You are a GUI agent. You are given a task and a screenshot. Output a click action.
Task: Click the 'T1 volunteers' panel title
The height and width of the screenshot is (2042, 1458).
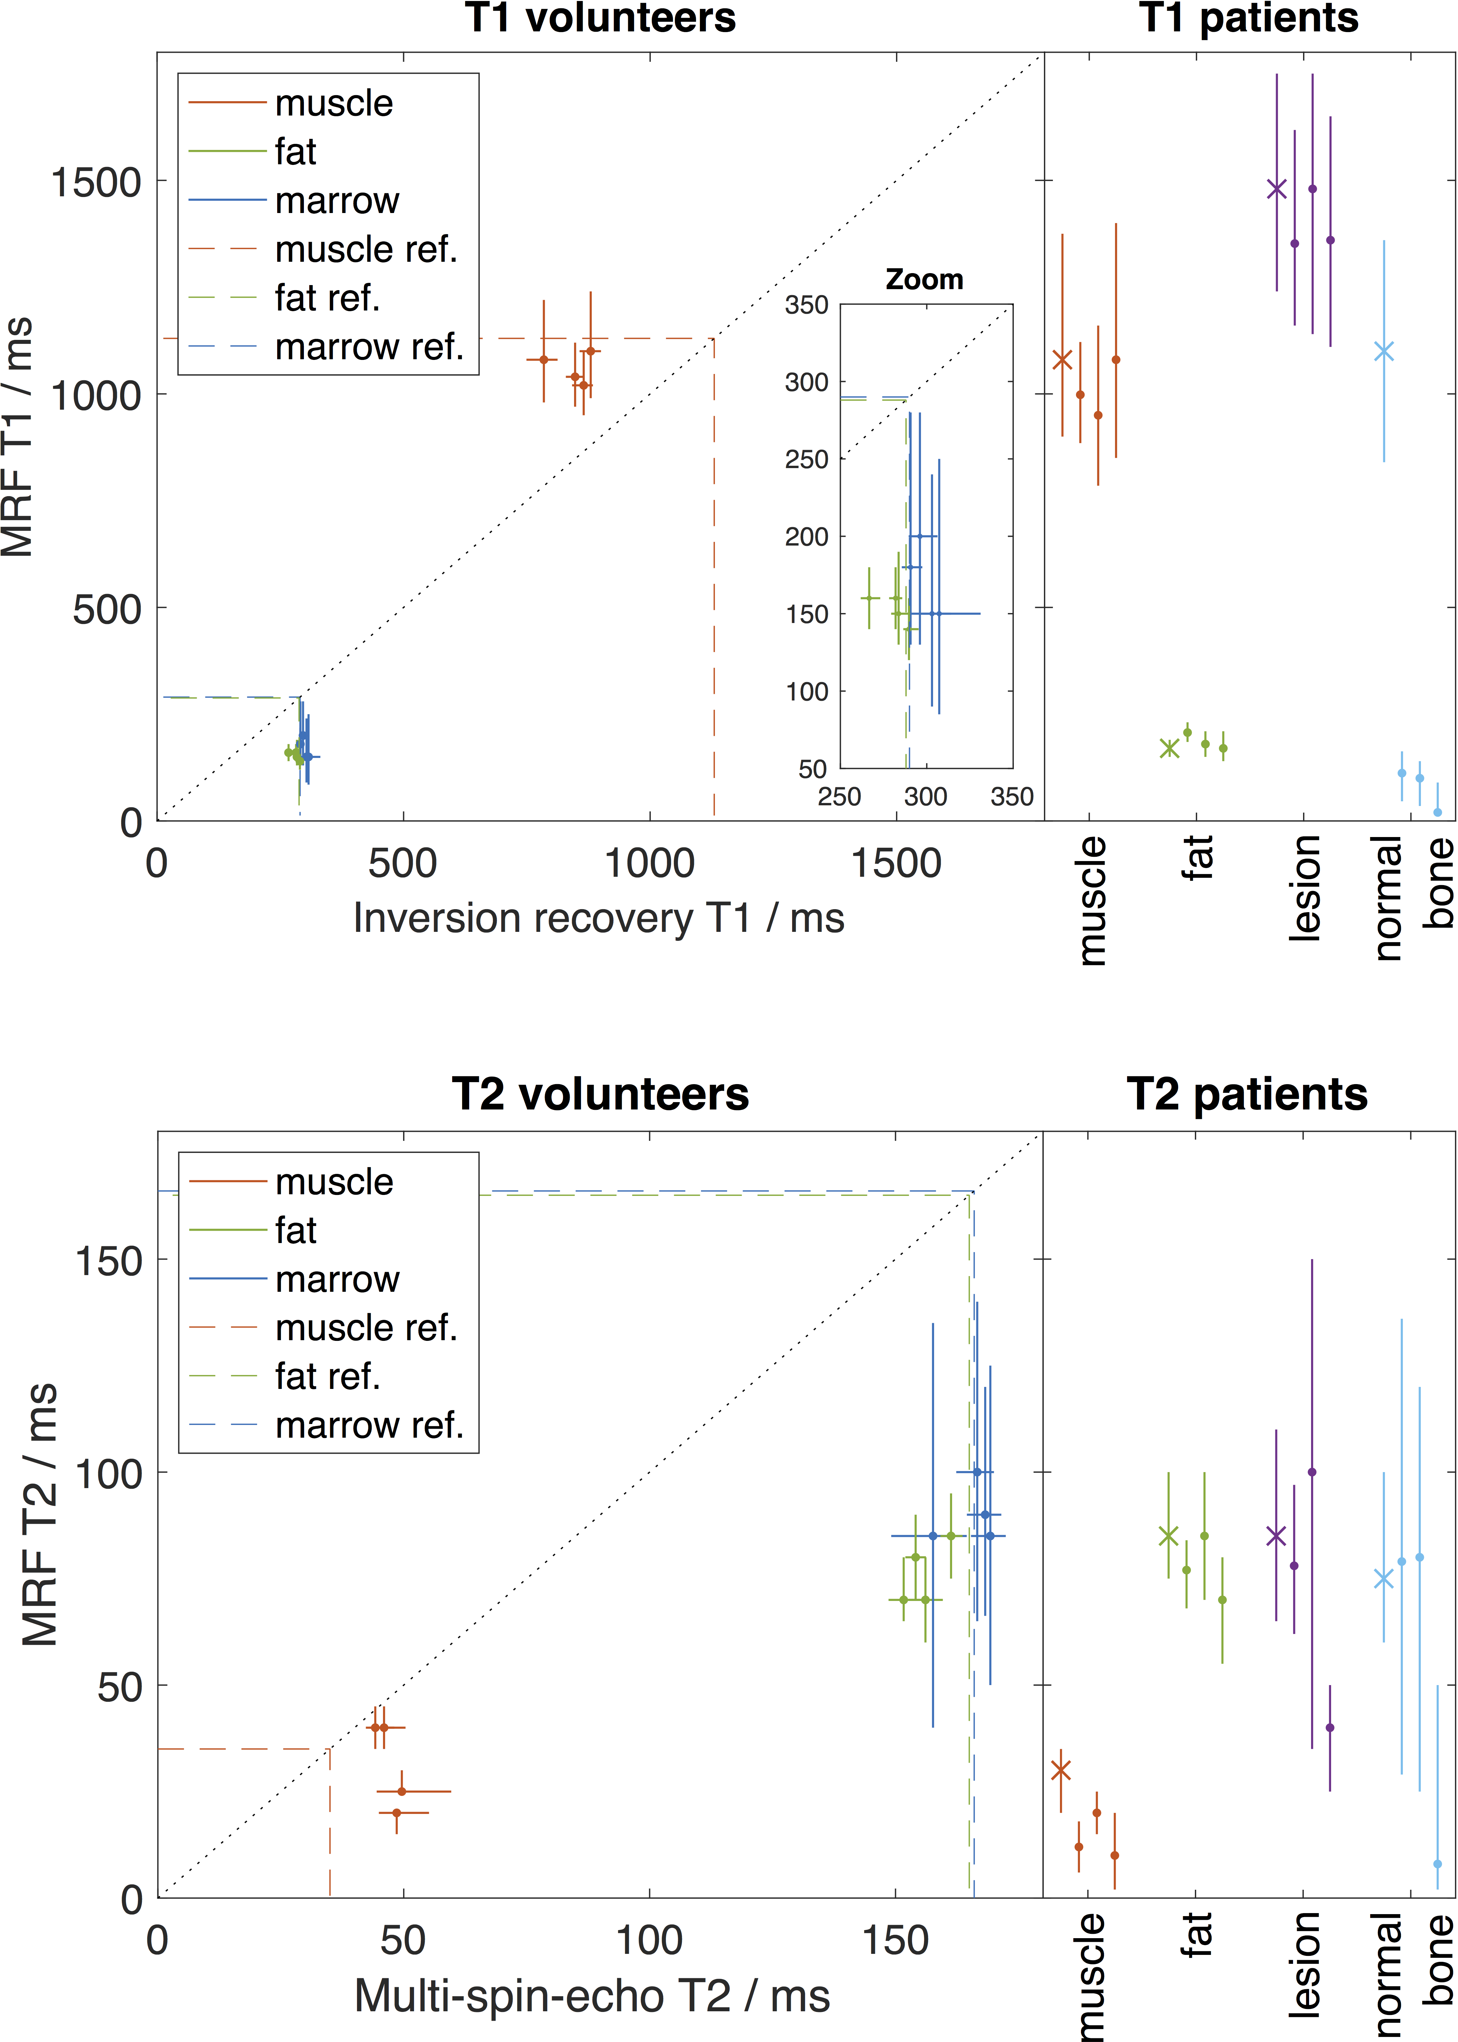coord(600,18)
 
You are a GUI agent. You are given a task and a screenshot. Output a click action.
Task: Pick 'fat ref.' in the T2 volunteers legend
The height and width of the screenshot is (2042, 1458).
coord(328,1376)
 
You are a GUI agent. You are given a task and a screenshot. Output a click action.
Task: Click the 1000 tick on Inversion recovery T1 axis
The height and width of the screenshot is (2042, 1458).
coord(649,863)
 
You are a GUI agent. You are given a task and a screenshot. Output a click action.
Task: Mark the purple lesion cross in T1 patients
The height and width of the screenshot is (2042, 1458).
coord(1276,189)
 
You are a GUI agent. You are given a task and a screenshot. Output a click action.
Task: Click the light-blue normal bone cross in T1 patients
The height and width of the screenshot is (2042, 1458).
coord(1384,351)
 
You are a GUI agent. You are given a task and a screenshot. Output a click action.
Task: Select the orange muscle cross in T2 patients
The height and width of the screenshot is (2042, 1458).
coord(1060,1770)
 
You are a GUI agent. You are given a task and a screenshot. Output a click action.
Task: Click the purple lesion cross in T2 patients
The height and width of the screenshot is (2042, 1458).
coord(1276,1536)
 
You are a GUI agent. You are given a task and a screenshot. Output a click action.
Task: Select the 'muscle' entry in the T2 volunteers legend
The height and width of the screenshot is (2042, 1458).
coord(334,1182)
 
